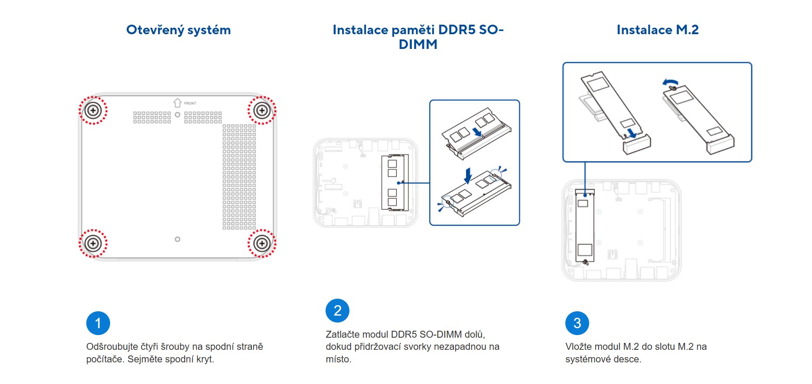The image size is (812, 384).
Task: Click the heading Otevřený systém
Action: pos(178,30)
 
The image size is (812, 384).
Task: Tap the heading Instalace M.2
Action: pos(657,30)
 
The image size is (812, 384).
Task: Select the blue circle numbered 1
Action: pos(98,323)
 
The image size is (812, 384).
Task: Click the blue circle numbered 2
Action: pos(337,310)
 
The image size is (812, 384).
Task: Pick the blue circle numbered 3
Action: pos(577,323)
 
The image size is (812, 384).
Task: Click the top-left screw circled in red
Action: pos(93,110)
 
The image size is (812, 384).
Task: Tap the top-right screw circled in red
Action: pos(262,110)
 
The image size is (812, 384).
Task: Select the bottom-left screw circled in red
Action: pos(93,243)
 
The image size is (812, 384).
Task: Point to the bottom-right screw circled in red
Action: pos(262,243)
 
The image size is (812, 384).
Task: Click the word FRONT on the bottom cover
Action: pos(190,103)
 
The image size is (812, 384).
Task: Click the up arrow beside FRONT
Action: pos(177,103)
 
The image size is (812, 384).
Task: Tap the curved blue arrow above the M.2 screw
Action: pos(671,82)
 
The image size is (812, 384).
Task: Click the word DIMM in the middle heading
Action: pos(417,45)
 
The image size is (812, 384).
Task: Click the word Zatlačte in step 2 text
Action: pos(342,334)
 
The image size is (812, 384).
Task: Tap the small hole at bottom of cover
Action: pos(177,239)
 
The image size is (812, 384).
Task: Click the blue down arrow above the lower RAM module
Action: pos(468,176)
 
